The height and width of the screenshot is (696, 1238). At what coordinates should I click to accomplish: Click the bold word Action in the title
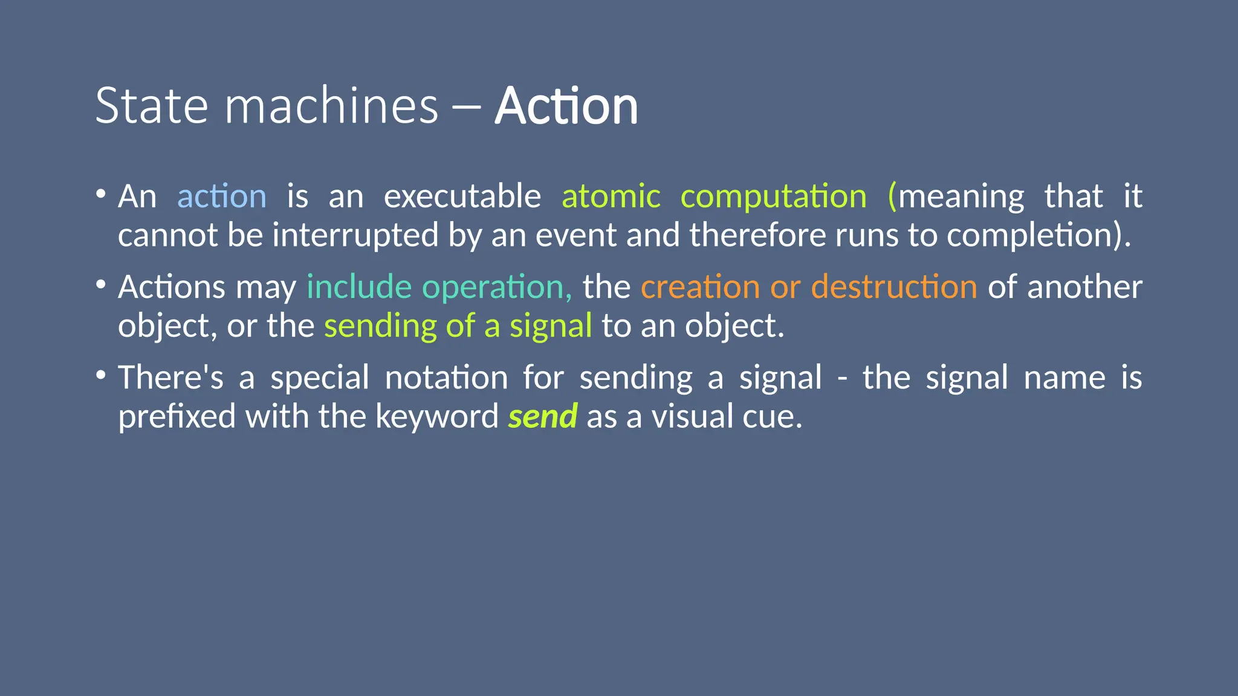click(x=566, y=106)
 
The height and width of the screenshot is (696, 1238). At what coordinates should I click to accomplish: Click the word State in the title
click(x=152, y=106)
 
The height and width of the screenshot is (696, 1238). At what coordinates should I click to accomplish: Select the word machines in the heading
click(x=331, y=106)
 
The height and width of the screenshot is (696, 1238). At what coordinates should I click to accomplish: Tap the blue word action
click(x=222, y=197)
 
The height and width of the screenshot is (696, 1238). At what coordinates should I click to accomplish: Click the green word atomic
click(x=611, y=197)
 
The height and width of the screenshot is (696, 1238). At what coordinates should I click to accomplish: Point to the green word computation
click(x=774, y=197)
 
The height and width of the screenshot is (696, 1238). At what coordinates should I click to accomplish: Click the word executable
click(x=462, y=197)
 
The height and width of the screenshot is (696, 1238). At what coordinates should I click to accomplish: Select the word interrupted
click(x=355, y=235)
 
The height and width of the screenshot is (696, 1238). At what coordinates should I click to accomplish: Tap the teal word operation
click(x=497, y=287)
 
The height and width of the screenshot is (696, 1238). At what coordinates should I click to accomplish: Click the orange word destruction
click(x=894, y=287)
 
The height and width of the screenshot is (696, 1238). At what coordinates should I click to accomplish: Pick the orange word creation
click(x=700, y=287)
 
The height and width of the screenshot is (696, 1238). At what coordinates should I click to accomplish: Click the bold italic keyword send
click(x=543, y=417)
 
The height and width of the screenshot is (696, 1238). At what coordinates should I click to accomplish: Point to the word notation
click(x=446, y=378)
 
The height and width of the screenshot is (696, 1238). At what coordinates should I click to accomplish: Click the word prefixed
click(x=177, y=417)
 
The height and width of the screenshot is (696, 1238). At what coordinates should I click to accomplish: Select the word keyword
click(x=436, y=417)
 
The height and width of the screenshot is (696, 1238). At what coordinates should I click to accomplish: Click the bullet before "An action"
click(x=101, y=195)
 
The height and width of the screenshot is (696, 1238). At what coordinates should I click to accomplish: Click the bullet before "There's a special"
click(x=101, y=375)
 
